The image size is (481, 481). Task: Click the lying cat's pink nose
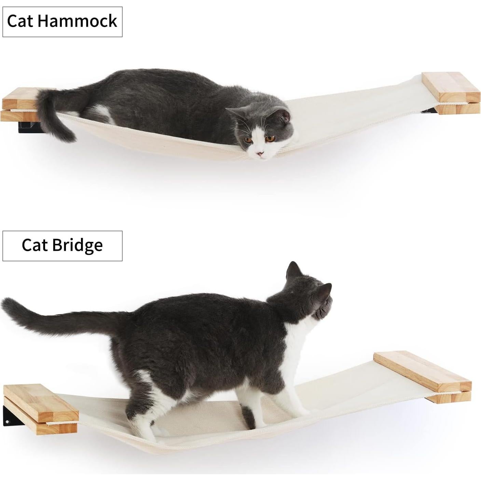click(261, 154)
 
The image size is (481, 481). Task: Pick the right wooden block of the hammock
click(451, 93)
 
